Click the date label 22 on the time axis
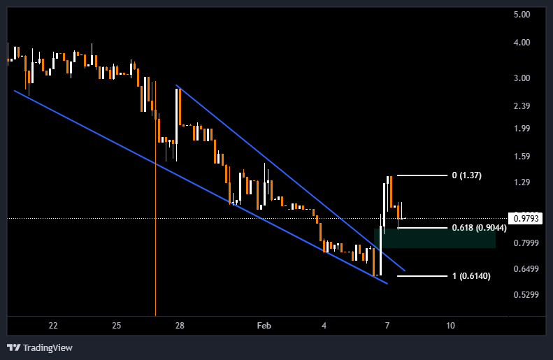[53, 326]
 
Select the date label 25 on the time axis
[116, 326]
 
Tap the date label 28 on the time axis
[180, 326]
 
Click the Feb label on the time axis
[264, 326]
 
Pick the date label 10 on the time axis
[450, 326]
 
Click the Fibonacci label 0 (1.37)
[466, 175]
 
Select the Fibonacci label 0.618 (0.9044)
[479, 228]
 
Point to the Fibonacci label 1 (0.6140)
[471, 276]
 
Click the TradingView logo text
[47, 347]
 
